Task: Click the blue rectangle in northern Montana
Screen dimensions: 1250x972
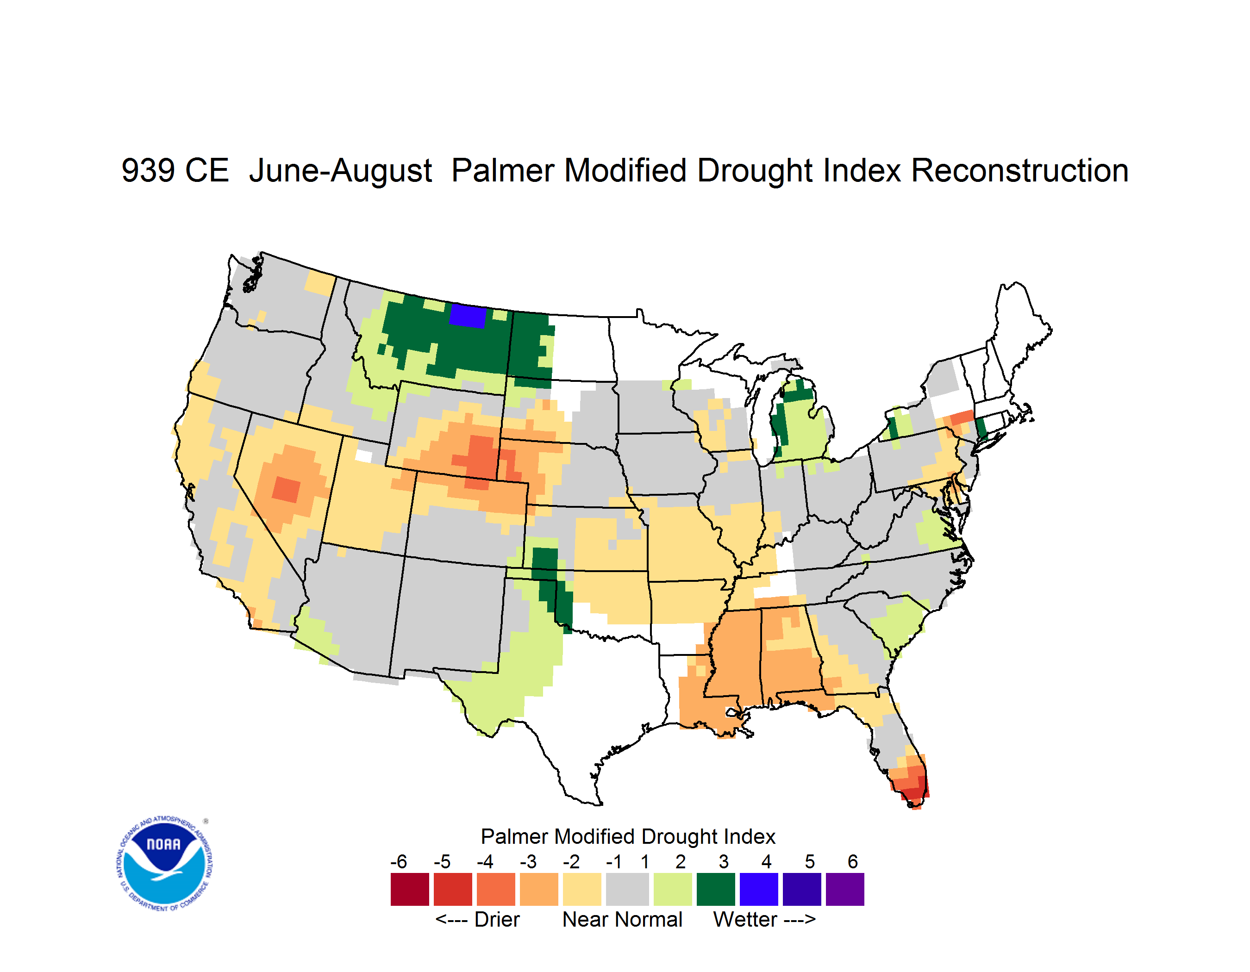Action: [468, 315]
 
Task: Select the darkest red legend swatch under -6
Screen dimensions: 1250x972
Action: [410, 889]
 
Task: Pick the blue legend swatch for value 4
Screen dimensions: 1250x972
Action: [758, 889]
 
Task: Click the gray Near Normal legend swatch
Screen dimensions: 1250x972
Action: [627, 889]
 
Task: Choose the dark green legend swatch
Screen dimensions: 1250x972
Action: [715, 889]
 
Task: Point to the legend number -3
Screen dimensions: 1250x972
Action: [528, 861]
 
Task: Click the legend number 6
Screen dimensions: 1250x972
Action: [853, 861]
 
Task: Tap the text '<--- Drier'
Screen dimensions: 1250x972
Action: [477, 920]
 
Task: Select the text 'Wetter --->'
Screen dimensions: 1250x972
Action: [764, 920]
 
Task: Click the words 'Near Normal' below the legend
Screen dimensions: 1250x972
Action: [622, 920]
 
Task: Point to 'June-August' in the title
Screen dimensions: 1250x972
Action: [341, 172]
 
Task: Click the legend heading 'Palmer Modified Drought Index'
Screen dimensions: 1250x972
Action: [628, 836]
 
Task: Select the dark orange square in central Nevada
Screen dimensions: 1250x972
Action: [286, 489]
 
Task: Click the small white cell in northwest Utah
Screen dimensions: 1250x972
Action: [363, 456]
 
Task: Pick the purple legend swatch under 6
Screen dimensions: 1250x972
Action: [845, 889]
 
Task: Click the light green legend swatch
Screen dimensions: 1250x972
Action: [673, 889]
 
